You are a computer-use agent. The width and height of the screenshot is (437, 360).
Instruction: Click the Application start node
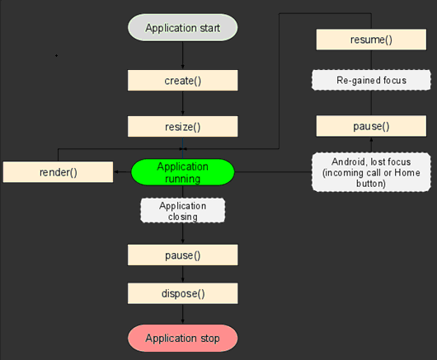(182, 28)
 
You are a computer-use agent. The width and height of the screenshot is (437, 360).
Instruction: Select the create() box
(182, 80)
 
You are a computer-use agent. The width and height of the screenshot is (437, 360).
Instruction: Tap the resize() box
(182, 126)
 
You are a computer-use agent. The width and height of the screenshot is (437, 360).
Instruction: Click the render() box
(58, 172)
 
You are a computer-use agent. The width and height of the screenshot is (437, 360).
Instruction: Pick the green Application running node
(183, 172)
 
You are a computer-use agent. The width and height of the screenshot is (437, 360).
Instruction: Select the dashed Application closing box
(183, 211)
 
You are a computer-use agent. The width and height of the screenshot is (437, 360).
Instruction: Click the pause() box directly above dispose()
(182, 254)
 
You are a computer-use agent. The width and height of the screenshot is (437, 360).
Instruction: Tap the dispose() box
(182, 292)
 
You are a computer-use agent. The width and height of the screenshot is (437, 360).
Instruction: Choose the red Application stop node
(182, 338)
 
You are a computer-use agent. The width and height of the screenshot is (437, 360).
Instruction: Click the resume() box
(370, 40)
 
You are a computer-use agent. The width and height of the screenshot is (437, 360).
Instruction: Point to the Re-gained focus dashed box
(371, 80)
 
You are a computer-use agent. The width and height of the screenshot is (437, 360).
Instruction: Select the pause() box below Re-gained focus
(370, 126)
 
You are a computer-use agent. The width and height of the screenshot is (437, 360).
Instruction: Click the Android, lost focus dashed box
(371, 171)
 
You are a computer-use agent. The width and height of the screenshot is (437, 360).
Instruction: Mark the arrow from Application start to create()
(182, 55)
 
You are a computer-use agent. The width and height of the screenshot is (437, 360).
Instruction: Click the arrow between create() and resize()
(182, 103)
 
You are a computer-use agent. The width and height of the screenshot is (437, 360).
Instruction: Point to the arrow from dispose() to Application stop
(182, 314)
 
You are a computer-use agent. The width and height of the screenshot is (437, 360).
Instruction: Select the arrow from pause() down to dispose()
(182, 274)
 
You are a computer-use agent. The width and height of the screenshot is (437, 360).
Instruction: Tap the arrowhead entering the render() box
(58, 158)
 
